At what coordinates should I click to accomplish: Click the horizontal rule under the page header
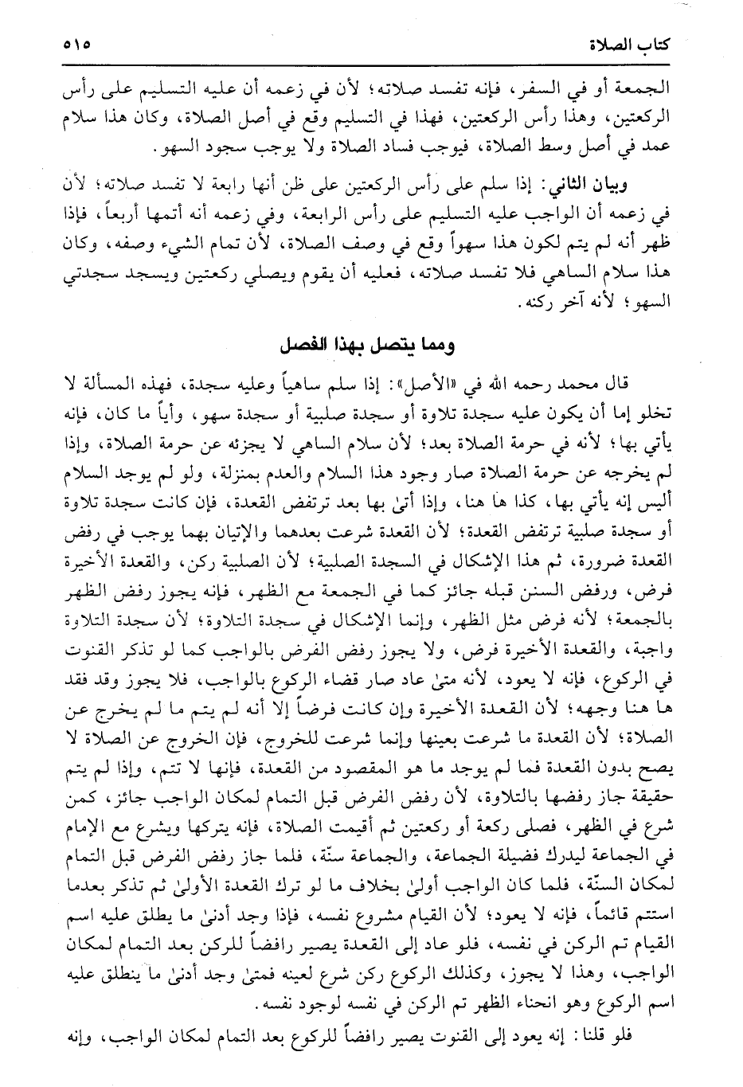(371, 65)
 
